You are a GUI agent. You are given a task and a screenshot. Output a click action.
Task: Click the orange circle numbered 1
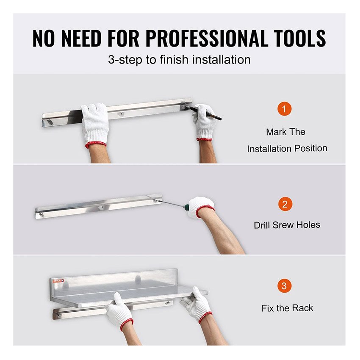point(284,108)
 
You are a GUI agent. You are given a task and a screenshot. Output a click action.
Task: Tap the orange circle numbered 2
point(285,204)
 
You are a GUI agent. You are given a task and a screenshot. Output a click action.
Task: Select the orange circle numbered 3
point(284,286)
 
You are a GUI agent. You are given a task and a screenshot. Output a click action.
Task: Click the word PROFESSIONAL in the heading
point(206,38)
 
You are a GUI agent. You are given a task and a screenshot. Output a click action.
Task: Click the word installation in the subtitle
point(222,60)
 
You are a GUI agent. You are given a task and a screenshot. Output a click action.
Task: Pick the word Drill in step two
point(262,225)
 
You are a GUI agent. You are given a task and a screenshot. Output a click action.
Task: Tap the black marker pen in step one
point(203,113)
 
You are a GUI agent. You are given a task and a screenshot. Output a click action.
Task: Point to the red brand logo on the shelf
point(58,281)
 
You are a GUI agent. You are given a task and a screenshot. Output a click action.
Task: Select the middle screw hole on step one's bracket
point(121,114)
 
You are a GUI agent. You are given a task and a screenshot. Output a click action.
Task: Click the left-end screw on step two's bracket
point(42,215)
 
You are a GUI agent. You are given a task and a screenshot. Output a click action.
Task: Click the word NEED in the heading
point(81,38)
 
